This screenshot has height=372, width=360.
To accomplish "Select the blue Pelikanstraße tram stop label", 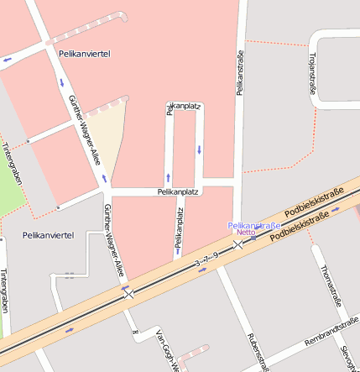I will pyautogui.click(x=253, y=225).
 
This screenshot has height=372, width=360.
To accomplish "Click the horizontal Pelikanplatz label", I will pyautogui.click(x=177, y=191).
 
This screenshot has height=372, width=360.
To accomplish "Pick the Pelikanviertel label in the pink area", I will pyautogui.click(x=85, y=53).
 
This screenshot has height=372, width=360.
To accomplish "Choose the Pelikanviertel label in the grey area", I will pyautogui.click(x=49, y=234).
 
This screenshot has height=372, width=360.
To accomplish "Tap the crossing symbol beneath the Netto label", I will pyautogui.click(x=238, y=244).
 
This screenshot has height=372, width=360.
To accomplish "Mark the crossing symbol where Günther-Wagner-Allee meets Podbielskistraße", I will pyautogui.click(x=128, y=293).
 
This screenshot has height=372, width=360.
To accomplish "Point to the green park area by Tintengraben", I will pyautogui.click(x=10, y=181).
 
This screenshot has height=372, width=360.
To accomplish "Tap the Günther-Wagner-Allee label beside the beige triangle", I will pyautogui.click(x=85, y=123).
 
